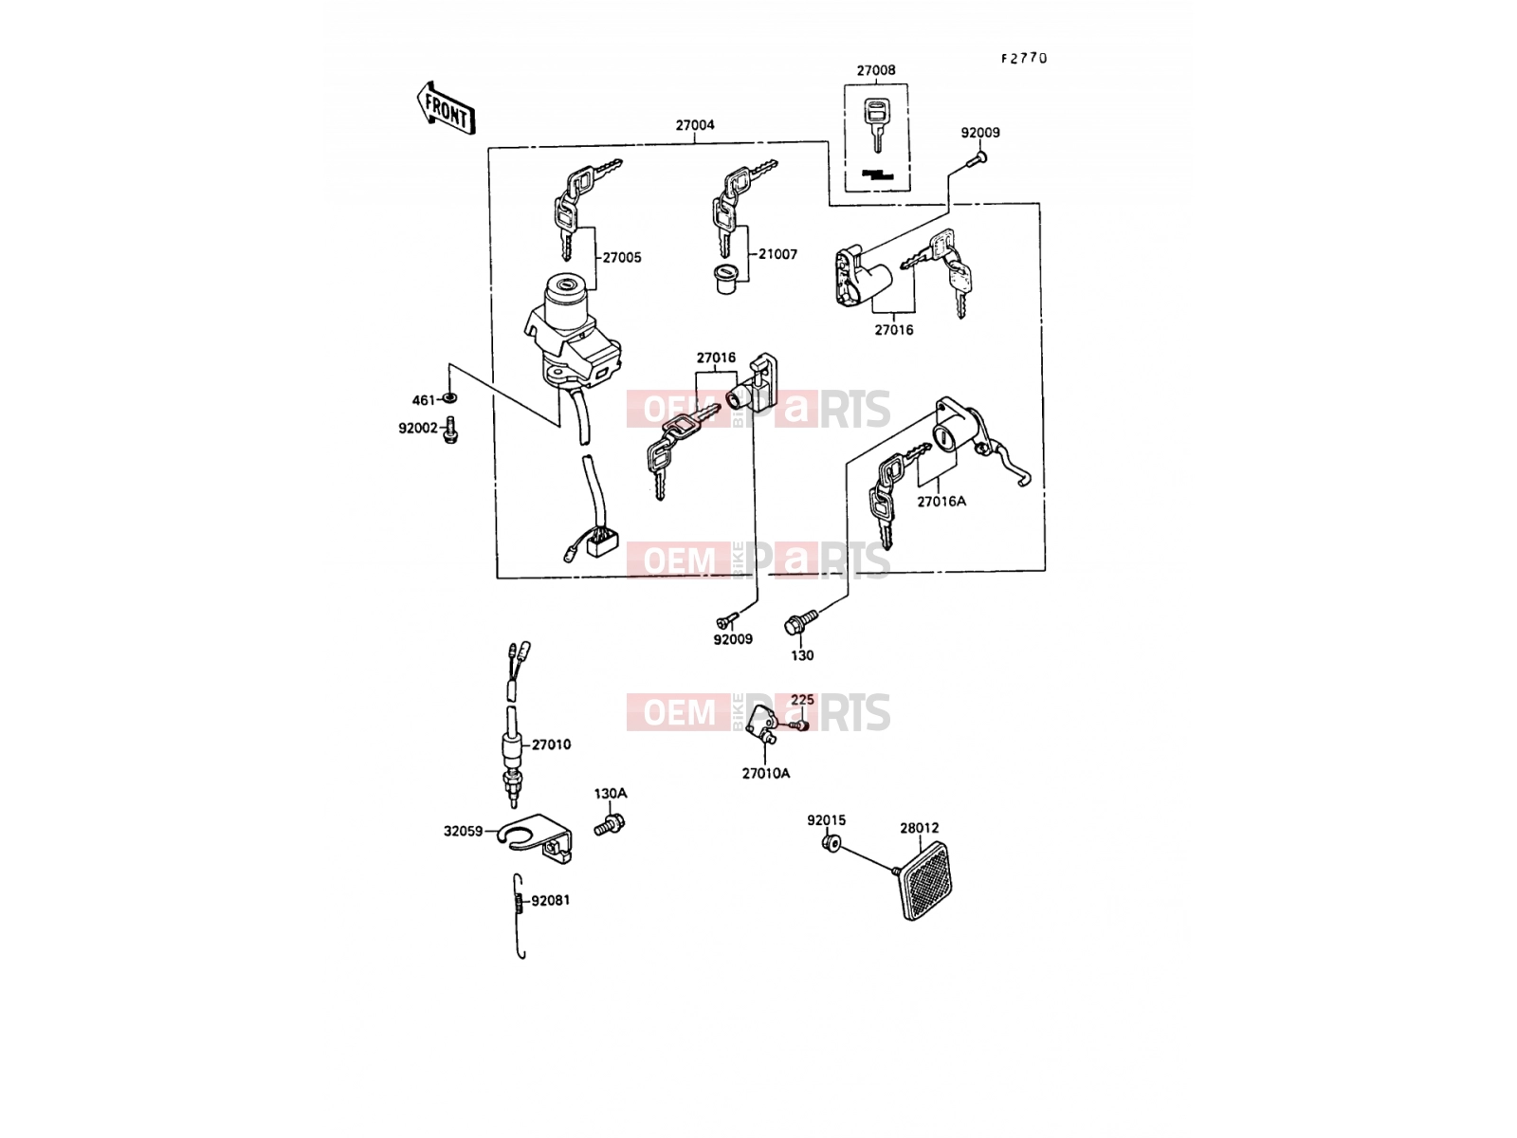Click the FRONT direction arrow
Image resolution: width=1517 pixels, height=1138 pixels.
(x=446, y=108)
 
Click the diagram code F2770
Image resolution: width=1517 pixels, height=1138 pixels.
(x=1024, y=59)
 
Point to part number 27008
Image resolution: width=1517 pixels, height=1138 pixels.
(x=876, y=70)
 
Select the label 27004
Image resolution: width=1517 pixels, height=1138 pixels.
(x=695, y=125)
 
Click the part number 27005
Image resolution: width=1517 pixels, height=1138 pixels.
(x=622, y=258)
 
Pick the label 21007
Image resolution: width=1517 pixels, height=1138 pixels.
(x=777, y=254)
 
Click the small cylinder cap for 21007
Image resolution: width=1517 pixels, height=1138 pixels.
(x=725, y=279)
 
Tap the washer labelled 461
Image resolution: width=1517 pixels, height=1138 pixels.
(x=450, y=398)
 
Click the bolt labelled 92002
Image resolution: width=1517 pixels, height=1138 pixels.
(x=450, y=429)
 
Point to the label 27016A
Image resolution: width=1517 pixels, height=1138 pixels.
(x=941, y=502)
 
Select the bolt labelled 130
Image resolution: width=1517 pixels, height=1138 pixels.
(x=799, y=621)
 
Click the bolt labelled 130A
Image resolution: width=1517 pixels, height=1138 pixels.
(x=610, y=823)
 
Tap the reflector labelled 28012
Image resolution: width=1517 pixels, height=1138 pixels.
(x=925, y=882)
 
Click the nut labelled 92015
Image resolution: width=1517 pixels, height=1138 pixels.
(x=832, y=842)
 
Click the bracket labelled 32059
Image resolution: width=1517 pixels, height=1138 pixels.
(x=537, y=838)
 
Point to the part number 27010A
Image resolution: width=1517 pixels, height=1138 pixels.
(x=766, y=774)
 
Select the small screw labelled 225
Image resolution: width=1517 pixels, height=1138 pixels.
(x=799, y=725)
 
